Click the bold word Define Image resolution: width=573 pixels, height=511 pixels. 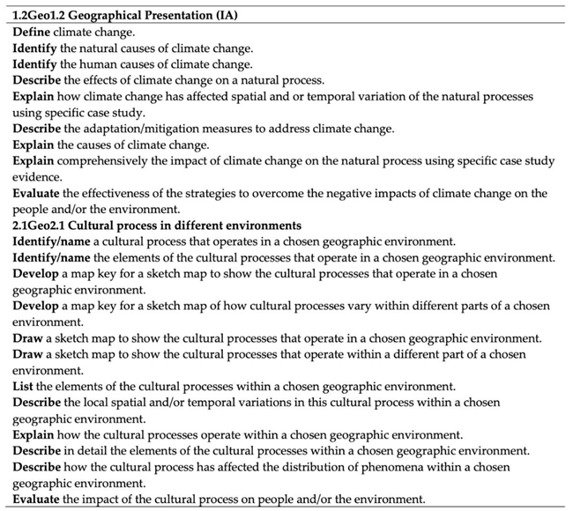pyautogui.click(x=33, y=32)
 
